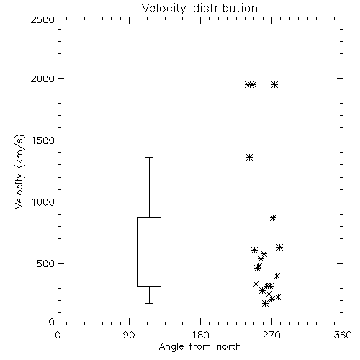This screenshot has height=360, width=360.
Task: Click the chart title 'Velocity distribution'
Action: click(x=199, y=9)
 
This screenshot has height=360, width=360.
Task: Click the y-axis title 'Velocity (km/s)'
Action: click(x=19, y=171)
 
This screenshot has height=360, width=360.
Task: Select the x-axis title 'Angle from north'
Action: click(x=199, y=347)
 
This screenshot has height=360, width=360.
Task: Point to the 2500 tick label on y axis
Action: click(x=42, y=19)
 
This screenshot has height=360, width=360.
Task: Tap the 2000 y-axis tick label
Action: click(x=42, y=78)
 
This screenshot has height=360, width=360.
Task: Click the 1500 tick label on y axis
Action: click(x=43, y=140)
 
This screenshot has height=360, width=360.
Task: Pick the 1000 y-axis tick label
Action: click(x=43, y=202)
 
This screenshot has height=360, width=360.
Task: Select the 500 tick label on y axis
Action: click(x=46, y=264)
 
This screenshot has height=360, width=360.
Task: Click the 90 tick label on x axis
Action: click(x=129, y=335)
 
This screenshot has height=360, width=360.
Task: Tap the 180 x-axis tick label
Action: click(x=200, y=335)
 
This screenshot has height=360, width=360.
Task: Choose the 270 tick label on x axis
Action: click(x=271, y=335)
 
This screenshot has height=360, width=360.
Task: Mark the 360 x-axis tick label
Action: click(x=343, y=335)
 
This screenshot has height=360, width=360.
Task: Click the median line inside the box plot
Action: click(x=149, y=266)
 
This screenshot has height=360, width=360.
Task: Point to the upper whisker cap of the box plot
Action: click(x=149, y=158)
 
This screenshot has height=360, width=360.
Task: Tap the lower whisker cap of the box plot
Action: click(x=149, y=304)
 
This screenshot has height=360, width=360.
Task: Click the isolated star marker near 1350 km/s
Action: click(x=250, y=158)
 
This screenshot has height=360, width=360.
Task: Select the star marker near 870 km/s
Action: click(x=273, y=218)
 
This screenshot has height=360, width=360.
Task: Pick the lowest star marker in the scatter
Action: click(x=265, y=304)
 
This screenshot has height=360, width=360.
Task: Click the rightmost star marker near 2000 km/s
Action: click(x=275, y=84)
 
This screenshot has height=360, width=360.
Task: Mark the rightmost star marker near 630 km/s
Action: click(x=279, y=247)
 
